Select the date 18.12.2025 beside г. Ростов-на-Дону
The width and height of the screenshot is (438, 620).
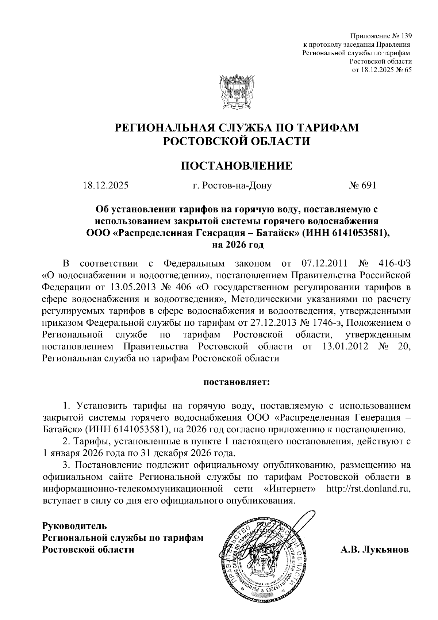pos(105,185)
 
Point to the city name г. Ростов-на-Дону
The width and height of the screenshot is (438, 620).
pos(232,185)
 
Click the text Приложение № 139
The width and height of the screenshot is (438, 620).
pos(381,36)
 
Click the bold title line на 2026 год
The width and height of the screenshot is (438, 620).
pos(237,245)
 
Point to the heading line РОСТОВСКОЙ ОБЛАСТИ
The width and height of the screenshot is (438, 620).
pos(237,141)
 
